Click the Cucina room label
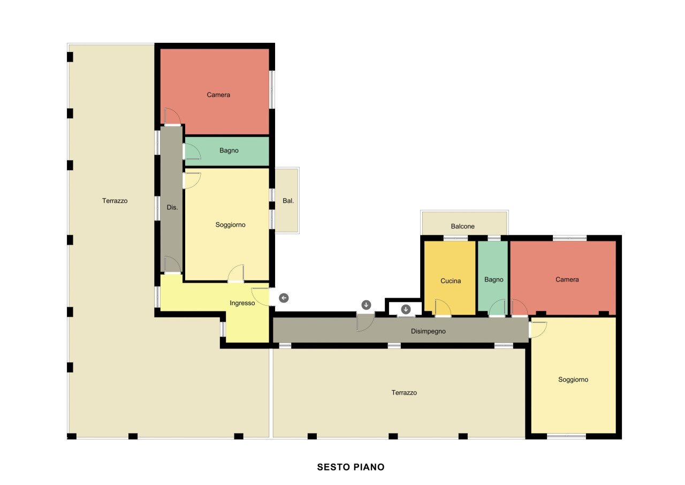tap(450, 281)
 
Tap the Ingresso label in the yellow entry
tap(242, 303)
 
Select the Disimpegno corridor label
tap(428, 331)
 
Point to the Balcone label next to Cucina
tap(462, 226)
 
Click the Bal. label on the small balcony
tap(288, 201)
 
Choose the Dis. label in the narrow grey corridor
tap(172, 207)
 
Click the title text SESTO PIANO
tap(351, 467)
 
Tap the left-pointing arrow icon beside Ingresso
tap(284, 298)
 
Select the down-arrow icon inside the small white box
tap(406, 309)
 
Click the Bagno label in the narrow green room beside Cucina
tap(493, 279)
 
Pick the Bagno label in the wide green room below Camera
tap(229, 150)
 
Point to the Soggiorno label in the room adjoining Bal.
tap(230, 225)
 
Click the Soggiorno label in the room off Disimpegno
tap(573, 380)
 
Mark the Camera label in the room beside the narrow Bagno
tap(567, 279)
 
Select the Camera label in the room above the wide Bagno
tap(218, 95)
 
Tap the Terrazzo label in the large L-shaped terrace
tap(115, 201)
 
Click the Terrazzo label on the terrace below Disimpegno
tap(404, 392)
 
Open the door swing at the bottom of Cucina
tap(443, 309)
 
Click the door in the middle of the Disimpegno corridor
tap(365, 323)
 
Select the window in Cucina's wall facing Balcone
tap(455, 238)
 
